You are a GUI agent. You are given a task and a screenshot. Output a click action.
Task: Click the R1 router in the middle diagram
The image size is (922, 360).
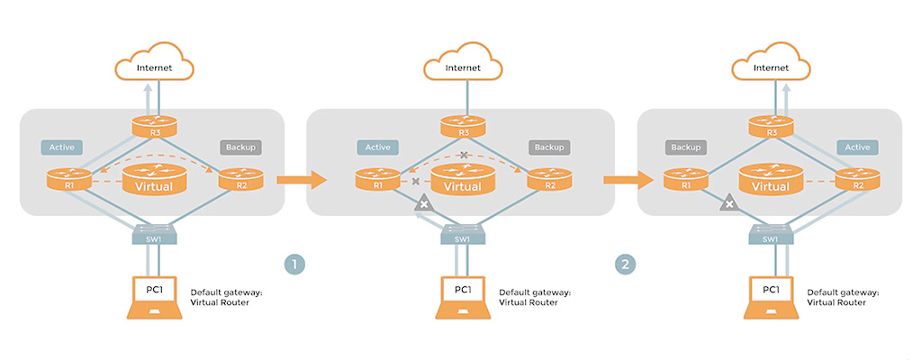coord(377,180)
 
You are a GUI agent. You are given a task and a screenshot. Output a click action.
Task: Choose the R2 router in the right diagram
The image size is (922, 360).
coord(857,180)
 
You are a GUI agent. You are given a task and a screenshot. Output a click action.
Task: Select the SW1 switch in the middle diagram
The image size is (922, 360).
coord(463,235)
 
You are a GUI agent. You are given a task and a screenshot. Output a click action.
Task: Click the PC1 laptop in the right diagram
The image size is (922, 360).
coord(771,296)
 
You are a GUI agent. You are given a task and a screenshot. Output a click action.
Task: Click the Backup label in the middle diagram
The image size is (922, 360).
coord(548,147)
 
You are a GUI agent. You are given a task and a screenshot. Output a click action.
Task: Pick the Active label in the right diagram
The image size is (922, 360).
coord(857,147)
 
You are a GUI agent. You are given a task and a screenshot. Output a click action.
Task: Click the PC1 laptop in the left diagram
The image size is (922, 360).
coord(156,296)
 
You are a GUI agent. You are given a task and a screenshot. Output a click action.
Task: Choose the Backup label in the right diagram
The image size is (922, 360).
coord(684,147)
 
